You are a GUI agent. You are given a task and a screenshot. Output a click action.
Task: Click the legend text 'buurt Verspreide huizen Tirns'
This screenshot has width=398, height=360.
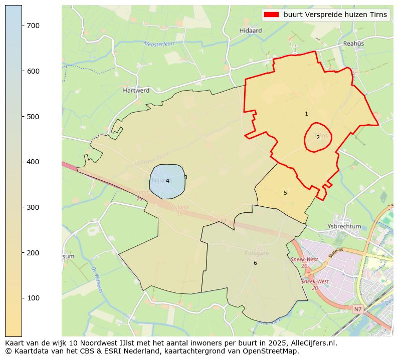(335, 15)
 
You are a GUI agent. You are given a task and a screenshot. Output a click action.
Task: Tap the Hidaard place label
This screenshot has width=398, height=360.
(251, 31)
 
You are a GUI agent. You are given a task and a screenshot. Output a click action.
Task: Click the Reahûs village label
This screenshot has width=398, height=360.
(353, 44)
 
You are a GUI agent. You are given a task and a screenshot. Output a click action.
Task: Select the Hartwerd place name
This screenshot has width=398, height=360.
(136, 91)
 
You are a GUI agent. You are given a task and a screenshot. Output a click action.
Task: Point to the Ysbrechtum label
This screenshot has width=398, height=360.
(344, 226)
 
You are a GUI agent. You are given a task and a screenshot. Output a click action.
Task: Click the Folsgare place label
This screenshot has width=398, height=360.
(257, 253)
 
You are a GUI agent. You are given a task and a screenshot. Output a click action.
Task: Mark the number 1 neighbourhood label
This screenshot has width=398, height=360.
(306, 114)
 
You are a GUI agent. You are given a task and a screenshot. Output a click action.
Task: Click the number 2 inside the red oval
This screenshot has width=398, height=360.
(318, 137)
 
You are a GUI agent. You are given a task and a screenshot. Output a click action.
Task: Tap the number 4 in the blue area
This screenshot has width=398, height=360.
(167, 181)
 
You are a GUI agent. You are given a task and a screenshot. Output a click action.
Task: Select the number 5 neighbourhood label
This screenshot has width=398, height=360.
(285, 193)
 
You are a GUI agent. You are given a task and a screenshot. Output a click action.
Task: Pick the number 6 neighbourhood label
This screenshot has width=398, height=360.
(255, 263)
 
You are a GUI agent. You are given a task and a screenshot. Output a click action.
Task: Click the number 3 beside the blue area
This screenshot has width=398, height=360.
(185, 177)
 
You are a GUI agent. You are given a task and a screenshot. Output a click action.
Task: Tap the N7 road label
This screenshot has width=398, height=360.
(357, 310)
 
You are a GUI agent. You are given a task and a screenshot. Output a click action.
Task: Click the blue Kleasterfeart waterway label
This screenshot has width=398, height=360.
(159, 44)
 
